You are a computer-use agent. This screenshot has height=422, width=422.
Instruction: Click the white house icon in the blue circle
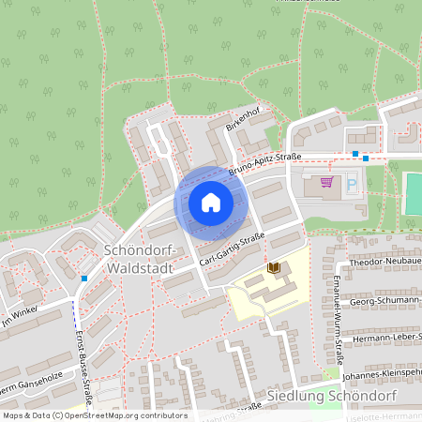click(x=211, y=203)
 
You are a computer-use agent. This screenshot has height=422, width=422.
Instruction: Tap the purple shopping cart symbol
click(x=326, y=182)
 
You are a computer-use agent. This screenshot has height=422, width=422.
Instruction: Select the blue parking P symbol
click(x=353, y=185)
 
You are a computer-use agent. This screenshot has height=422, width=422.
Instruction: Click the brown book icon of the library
click(x=274, y=268)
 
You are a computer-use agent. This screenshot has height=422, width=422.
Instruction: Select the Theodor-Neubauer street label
click(x=384, y=265)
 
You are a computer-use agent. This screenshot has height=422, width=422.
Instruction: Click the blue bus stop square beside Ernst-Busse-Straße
click(x=84, y=279)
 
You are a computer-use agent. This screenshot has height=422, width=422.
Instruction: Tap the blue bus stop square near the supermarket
click(x=354, y=154)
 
